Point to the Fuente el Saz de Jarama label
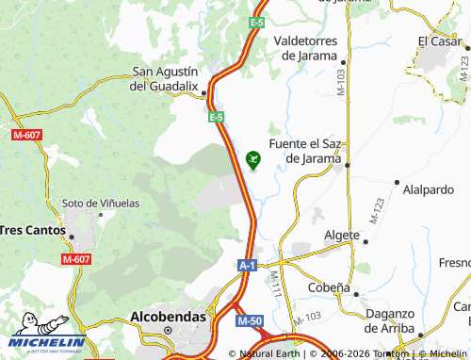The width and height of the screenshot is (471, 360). [x=304, y=151]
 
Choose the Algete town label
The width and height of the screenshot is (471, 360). [x=341, y=235]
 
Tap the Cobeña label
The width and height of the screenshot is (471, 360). [x=329, y=287]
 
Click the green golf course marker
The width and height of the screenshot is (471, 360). [x=252, y=159]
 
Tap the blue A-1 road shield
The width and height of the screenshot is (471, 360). [x=247, y=266]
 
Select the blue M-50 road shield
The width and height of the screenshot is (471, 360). [x=250, y=322]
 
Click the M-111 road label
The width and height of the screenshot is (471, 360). [x=275, y=284]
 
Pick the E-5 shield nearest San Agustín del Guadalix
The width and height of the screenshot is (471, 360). [x=216, y=117]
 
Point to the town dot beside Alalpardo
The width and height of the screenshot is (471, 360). [x=398, y=182]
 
